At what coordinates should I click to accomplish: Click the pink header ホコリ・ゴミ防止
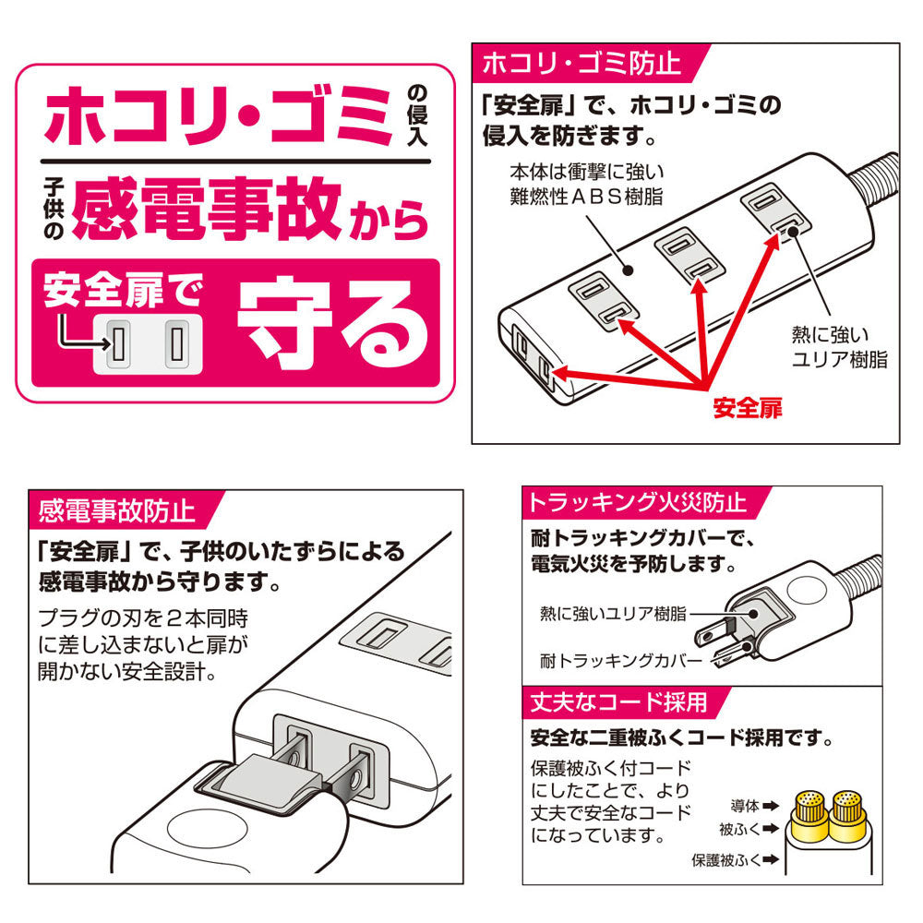pos(581,64)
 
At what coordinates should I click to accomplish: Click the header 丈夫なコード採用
pos(616,702)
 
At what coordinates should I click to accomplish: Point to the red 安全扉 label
pos(746,408)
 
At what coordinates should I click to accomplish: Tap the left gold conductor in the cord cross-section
pos(810,809)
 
